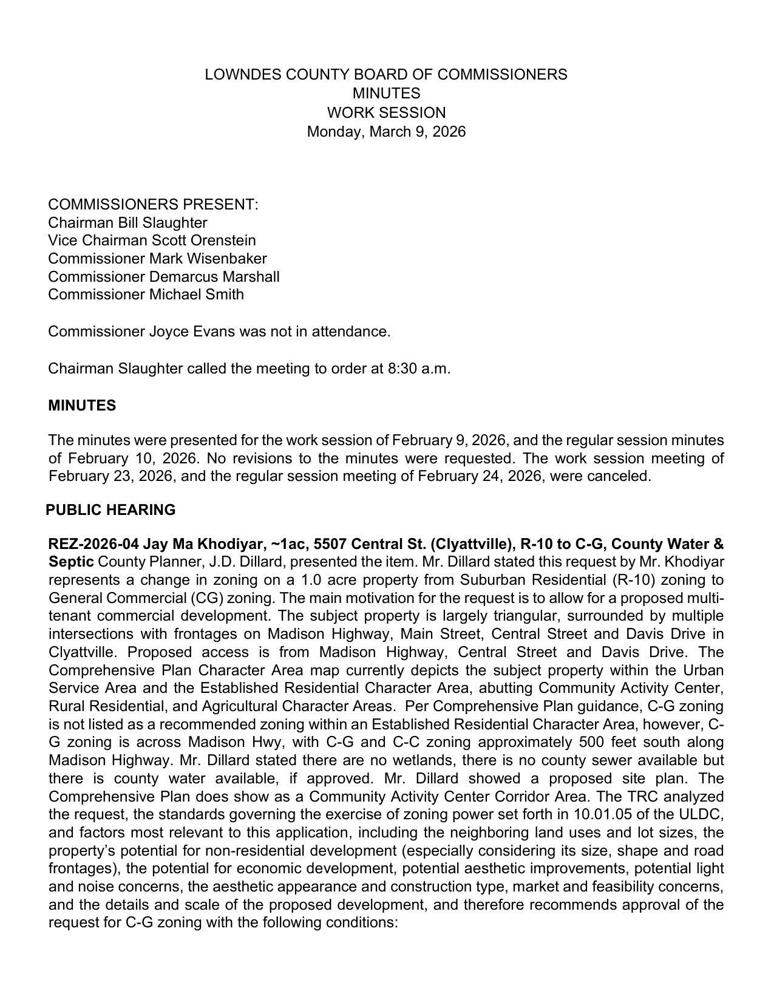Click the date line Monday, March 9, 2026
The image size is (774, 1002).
pos(386,132)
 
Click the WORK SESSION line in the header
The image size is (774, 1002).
pos(386,113)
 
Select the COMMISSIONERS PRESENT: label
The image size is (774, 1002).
pos(153,205)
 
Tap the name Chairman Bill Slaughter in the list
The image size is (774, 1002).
pos(127,223)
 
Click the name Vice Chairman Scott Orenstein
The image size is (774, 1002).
pos(152,240)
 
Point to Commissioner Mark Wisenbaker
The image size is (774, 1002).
pos(157,259)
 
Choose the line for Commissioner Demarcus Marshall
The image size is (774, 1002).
pos(164,277)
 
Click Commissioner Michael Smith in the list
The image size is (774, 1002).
pos(146,295)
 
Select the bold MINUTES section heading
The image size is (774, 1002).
pos(82,406)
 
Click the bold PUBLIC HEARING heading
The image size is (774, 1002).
pos(111,510)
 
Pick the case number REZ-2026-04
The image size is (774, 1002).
pos(93,544)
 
